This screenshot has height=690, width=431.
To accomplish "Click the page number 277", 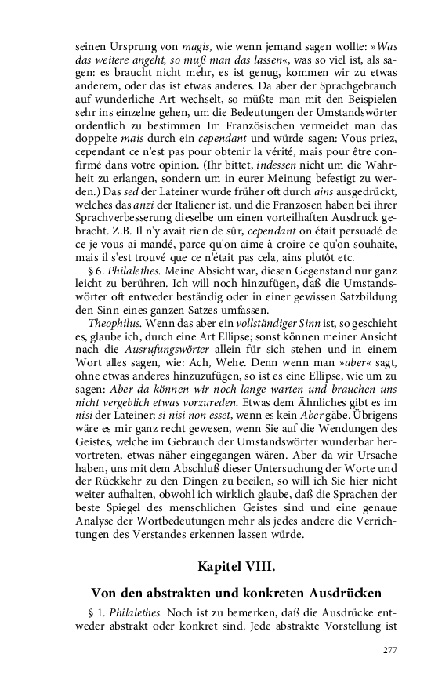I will (x=389, y=650).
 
